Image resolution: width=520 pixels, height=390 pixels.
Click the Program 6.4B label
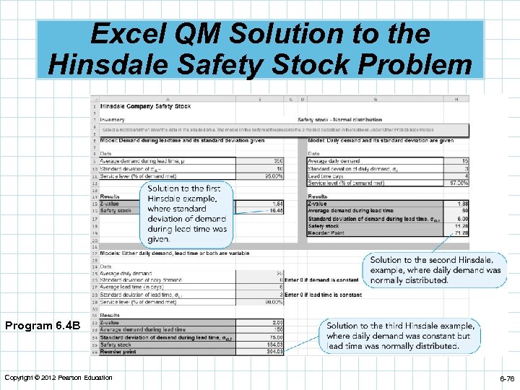pyautogui.click(x=42, y=326)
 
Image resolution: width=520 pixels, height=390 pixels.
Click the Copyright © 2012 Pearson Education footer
pyautogui.click(x=58, y=378)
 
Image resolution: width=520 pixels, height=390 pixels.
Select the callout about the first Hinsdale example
pyautogui.click(x=187, y=213)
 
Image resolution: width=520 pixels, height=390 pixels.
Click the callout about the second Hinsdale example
pyautogui.click(x=435, y=270)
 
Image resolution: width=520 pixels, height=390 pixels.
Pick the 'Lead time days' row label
pyautogui.click(x=326, y=175)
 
